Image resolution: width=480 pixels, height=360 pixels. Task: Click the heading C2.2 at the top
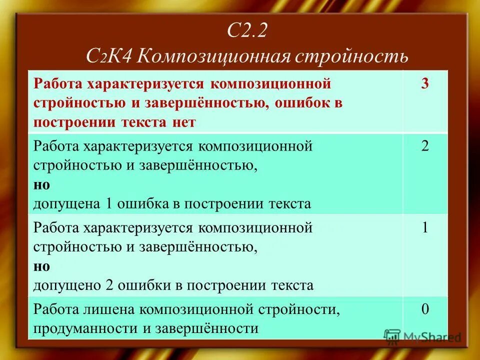[248, 32]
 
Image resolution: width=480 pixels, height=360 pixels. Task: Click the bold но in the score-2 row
[41, 184]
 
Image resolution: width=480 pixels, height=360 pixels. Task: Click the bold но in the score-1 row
[41, 266]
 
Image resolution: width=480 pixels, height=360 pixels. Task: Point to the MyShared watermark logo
[422, 337]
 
